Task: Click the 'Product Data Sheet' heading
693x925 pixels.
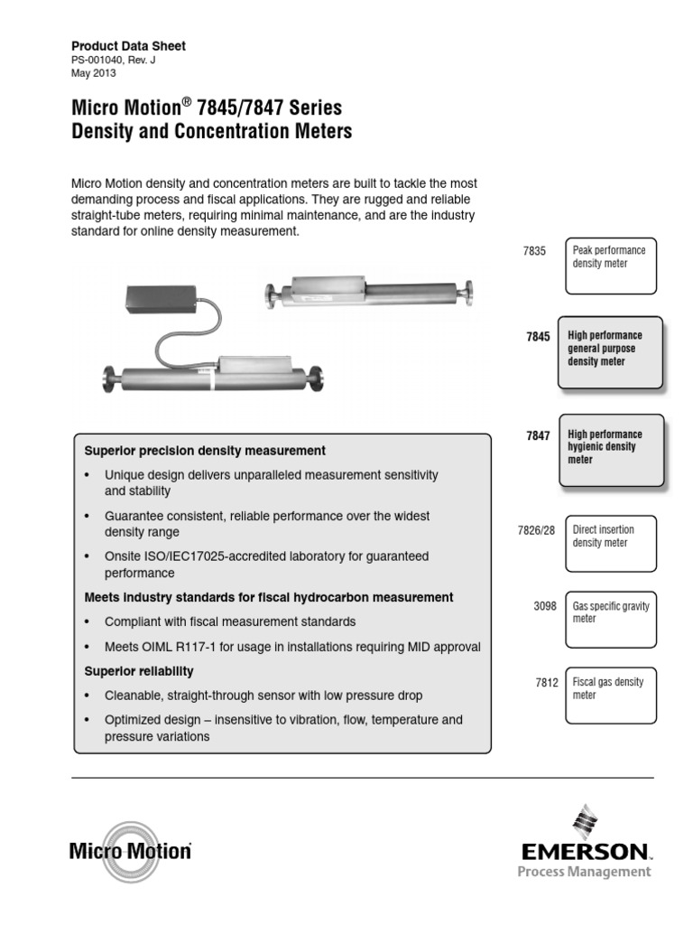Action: click(x=128, y=46)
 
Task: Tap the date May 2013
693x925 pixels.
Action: click(x=93, y=74)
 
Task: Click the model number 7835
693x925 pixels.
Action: click(x=534, y=252)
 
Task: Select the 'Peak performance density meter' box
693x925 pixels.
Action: click(x=611, y=266)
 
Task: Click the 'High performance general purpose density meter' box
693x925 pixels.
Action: click(x=610, y=350)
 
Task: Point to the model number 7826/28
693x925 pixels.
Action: click(x=529, y=531)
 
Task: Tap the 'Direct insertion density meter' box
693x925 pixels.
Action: click(x=611, y=543)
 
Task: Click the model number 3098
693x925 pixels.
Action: click(x=546, y=608)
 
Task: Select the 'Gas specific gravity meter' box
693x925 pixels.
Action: click(x=611, y=620)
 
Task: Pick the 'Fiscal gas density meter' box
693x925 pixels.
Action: click(x=611, y=696)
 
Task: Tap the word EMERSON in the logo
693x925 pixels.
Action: click(x=582, y=850)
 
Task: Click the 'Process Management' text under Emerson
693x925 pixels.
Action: click(x=583, y=872)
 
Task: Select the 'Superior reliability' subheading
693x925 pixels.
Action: click(x=139, y=672)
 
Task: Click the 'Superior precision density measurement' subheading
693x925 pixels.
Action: click(x=205, y=450)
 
